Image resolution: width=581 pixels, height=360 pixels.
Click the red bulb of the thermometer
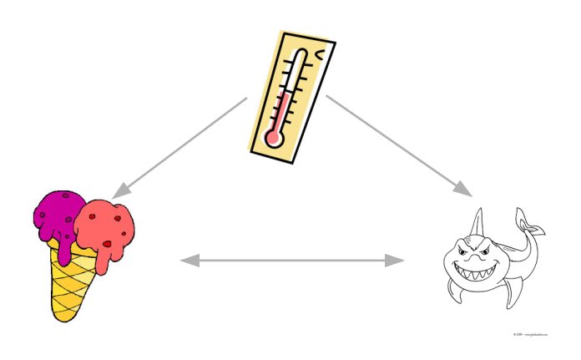(x=271, y=136)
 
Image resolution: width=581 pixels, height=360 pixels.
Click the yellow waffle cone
(x=71, y=280)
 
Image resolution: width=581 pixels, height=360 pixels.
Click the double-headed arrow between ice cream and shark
(x=292, y=261)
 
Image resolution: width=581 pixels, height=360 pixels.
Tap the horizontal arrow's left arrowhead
(x=189, y=261)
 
